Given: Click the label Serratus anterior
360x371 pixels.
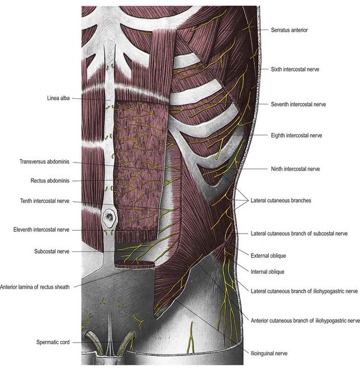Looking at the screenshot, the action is coord(289,30).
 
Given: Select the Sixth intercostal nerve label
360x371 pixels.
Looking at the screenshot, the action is coord(295,69).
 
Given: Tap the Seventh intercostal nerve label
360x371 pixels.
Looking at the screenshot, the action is coord(298,104).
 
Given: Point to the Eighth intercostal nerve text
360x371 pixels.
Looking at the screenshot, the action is coord(296,136).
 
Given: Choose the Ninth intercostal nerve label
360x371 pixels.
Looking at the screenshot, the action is coord(295,169).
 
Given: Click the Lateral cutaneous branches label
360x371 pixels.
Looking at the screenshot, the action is coord(281,201).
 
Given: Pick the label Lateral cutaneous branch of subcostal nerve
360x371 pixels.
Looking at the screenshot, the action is coord(299,234).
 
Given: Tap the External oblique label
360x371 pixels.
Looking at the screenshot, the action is coord(268,255).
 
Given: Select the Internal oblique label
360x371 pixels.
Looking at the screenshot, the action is coord(267,272).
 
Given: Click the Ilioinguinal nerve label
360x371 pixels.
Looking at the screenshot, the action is coord(269,354).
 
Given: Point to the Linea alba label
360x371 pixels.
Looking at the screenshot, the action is coord(58,98).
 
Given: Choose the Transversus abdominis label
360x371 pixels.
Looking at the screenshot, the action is coord(45,162).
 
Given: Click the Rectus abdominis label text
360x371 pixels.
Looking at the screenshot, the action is coord(50,181).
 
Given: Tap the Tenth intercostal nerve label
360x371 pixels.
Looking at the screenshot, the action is coord(45,201).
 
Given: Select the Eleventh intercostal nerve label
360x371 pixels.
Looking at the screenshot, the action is coord(41,230).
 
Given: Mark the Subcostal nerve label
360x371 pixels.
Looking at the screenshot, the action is coord(52,251).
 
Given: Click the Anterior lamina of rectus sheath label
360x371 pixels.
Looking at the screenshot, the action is coord(35,287).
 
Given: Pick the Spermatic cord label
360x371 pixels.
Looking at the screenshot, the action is coord(53,342).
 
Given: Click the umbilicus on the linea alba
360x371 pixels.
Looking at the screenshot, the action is coord(110,217).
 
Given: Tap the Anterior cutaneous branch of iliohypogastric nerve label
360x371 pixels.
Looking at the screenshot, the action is coord(305,321).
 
